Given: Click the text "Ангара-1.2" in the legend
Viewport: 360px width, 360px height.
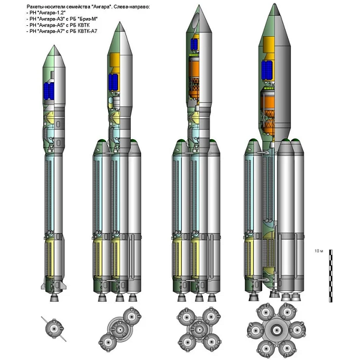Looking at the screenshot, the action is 47,13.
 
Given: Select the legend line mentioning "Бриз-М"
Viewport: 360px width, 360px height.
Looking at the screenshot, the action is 62,19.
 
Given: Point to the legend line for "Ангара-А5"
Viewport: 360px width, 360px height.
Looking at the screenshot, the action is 58,25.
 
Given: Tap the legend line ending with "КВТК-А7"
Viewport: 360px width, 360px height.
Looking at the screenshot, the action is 62,31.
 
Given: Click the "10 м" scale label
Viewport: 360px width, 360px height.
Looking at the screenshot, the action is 319,251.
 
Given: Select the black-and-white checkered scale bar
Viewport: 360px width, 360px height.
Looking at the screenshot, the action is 331,276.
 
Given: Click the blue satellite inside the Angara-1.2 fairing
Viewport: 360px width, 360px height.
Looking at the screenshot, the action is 49,91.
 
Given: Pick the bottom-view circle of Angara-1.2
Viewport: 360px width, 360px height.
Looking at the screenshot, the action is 54,329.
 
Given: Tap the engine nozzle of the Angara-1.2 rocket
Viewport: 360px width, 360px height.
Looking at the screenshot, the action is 54,298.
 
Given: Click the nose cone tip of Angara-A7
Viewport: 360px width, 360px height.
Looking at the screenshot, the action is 274,4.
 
